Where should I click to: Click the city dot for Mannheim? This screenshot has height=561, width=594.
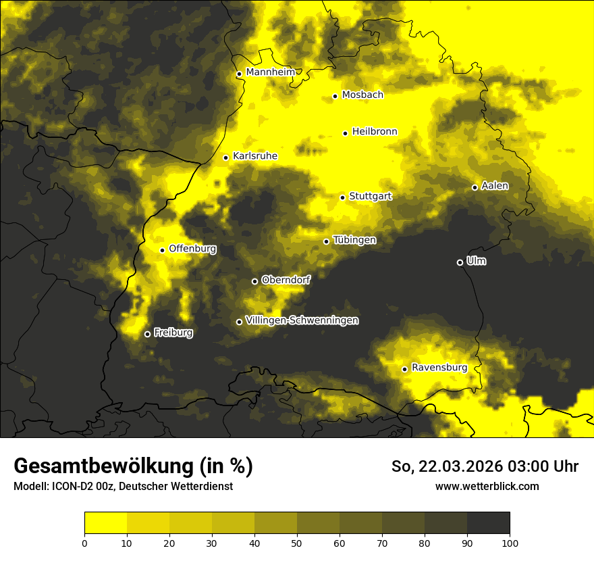coord(239,74)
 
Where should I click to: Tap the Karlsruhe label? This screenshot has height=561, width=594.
coord(254,156)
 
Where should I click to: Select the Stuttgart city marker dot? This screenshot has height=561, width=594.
coord(342,197)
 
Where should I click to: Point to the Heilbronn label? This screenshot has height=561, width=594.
coord(375,132)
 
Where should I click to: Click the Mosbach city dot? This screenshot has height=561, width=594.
coord(335,96)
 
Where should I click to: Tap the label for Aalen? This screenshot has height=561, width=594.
coord(495,186)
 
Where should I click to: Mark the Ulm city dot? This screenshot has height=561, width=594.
coord(460,262)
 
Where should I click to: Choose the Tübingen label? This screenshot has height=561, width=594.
coord(354,240)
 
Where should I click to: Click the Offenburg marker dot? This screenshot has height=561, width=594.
coord(162,250)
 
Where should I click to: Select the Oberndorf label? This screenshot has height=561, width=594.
coord(286,280)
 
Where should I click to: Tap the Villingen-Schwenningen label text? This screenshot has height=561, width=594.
coord(302,320)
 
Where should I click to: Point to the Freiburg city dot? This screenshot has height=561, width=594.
coord(147,334)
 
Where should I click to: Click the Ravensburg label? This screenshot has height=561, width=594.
coord(439,368)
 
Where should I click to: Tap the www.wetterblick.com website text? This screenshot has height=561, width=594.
coord(487,486)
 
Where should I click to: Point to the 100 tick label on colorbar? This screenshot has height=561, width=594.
coord(510,542)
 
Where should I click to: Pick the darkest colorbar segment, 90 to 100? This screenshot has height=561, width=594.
coord(488,523)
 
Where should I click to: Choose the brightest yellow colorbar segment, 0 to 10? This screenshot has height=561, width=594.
coord(105,523)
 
